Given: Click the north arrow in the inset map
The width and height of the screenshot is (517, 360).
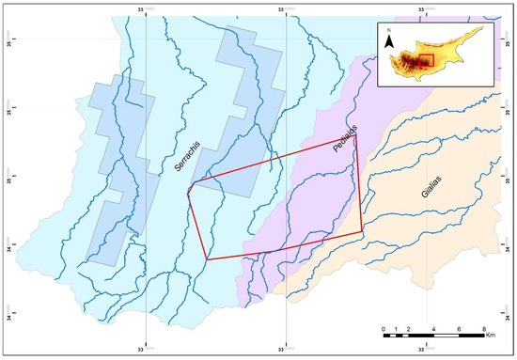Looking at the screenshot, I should (x=387, y=44).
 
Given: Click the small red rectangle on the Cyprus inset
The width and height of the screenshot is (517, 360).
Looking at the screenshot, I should (x=425, y=60).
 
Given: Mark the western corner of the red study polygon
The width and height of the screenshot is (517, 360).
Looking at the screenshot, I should (x=188, y=192).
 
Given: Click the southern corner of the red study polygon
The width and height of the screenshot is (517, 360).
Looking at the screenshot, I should (x=207, y=259).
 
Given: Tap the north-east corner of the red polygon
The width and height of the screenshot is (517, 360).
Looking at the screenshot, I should (x=358, y=146).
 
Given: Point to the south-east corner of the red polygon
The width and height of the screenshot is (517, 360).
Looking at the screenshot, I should (x=363, y=230).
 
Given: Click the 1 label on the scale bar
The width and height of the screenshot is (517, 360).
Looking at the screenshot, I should (x=396, y=329).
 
